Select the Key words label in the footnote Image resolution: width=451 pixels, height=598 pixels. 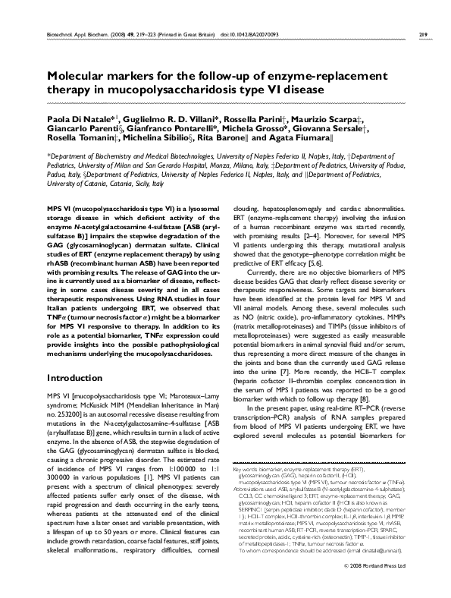[x=244, y=471]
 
